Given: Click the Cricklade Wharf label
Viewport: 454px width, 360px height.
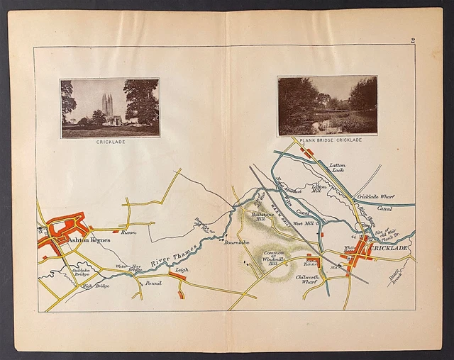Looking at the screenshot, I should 377,196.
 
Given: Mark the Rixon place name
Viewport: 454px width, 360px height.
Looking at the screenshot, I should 128,232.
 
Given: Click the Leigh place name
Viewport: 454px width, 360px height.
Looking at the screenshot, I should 182,270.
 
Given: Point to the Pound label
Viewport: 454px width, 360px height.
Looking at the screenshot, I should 153,283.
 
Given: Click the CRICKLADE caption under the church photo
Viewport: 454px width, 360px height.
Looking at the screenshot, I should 110,142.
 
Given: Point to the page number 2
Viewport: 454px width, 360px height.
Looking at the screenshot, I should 413,41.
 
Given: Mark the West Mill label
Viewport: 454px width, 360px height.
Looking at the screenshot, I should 304,223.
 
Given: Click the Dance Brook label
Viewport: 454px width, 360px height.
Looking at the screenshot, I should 395,279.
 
